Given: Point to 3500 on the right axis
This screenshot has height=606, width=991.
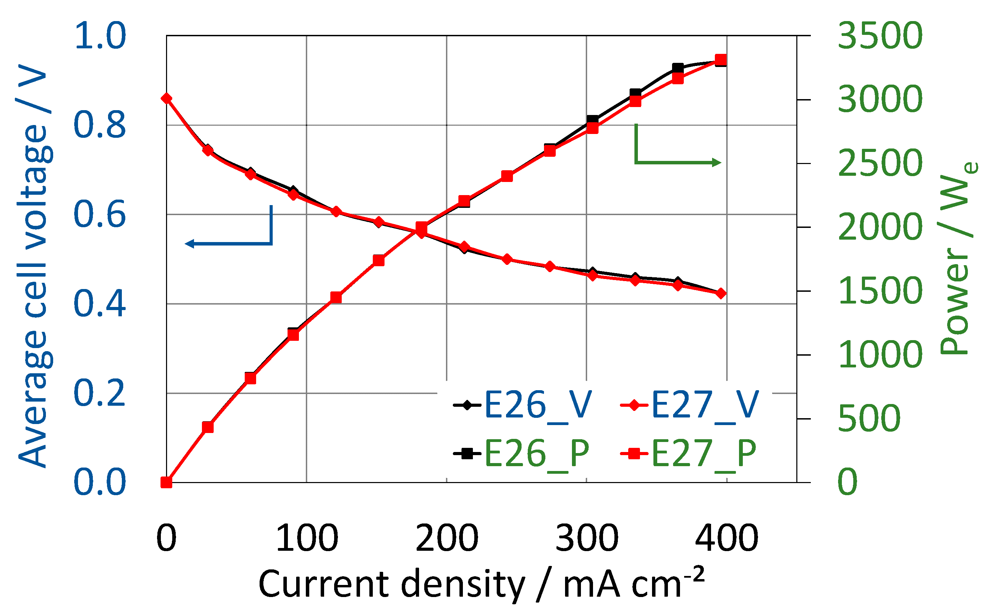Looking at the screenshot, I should [x=880, y=36].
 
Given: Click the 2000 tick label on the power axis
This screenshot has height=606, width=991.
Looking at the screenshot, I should [x=880, y=227].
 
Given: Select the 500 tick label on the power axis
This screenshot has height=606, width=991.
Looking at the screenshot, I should [x=869, y=419].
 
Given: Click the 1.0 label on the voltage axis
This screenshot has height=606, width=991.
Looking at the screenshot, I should [x=100, y=36].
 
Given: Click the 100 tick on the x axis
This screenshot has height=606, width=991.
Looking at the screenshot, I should [x=307, y=538].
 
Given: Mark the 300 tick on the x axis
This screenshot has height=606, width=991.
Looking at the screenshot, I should [x=586, y=538].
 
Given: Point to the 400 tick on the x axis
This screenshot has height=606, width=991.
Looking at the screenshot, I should [x=726, y=538].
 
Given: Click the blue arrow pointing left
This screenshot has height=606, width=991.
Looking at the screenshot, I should [x=229, y=243].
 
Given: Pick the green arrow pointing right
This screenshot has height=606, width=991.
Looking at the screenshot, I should [x=678, y=162].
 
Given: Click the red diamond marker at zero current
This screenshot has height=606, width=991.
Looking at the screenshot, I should [x=166, y=99].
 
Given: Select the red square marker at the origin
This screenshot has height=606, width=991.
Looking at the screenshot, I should [x=166, y=482].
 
